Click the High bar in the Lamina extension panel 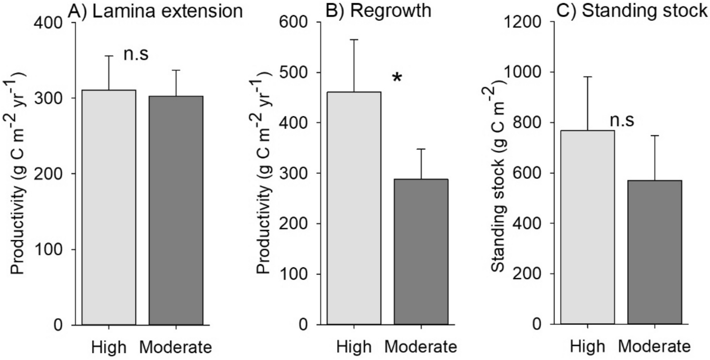108,207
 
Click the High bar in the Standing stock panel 587,227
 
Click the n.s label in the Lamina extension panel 135,54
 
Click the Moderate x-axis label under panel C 654,347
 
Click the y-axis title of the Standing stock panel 498,173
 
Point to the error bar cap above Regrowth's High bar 353,39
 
